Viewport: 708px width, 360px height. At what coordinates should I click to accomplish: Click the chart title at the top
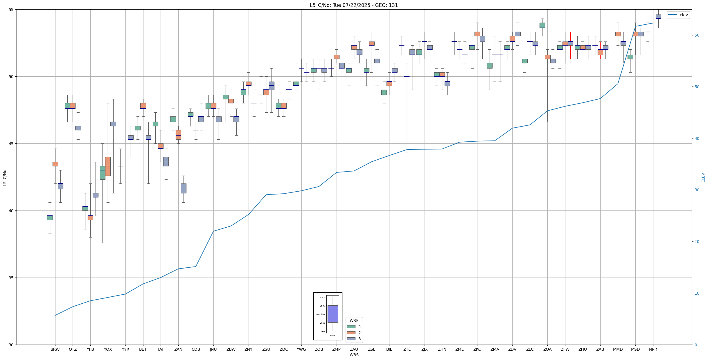(x=354, y=5)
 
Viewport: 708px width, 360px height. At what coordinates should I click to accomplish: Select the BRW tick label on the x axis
(x=55, y=349)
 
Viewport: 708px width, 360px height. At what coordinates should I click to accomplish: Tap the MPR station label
(x=653, y=349)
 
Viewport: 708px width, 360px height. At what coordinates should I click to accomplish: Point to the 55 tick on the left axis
(x=12, y=10)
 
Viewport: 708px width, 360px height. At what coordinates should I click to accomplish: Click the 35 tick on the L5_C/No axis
(x=12, y=278)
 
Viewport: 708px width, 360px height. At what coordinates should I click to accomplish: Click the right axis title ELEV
(x=703, y=177)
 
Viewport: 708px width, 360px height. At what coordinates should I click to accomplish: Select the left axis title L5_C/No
(x=5, y=177)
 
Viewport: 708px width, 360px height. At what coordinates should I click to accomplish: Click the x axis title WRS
(x=354, y=355)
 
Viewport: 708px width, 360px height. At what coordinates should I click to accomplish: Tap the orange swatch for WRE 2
(x=351, y=333)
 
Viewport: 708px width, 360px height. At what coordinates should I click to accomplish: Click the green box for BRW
(x=50, y=218)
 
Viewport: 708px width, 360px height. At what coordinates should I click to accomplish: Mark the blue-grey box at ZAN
(x=184, y=188)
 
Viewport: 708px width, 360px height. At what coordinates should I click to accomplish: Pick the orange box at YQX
(x=108, y=166)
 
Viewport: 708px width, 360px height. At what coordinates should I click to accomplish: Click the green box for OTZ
(x=67, y=106)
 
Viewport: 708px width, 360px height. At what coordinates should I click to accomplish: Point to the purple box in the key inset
(x=333, y=314)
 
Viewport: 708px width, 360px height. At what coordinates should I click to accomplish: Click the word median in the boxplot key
(x=321, y=314)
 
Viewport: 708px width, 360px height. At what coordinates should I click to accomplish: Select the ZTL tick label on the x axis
(x=407, y=349)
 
